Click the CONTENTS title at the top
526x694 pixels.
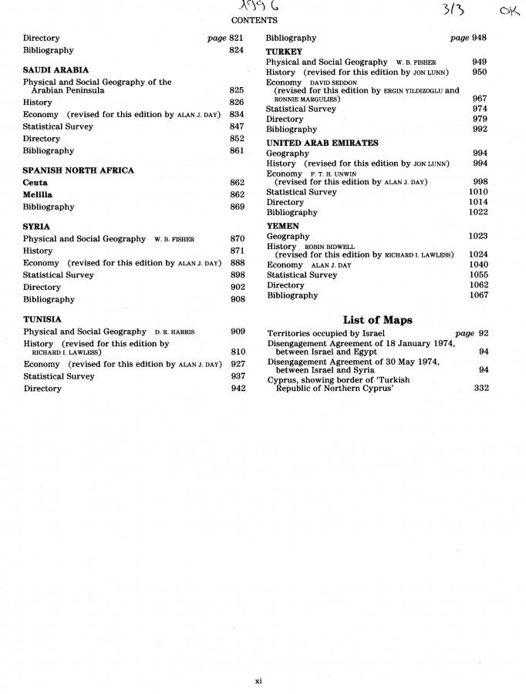[254, 20]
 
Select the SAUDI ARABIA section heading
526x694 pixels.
[56, 70]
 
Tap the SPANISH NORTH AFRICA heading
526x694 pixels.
[78, 170]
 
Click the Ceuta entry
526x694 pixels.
[35, 183]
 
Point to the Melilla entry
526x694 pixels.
[38, 195]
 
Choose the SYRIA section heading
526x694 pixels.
[36, 227]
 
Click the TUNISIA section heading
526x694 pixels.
[42, 319]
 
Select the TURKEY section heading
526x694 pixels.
[284, 52]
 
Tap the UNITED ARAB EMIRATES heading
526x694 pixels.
[322, 143]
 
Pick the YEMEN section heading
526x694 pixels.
[282, 226]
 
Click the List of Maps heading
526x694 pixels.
[377, 320]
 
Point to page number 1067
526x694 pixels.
[478, 295]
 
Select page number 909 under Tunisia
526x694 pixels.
[238, 332]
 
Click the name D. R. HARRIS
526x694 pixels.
[174, 332]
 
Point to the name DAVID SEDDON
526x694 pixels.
[334, 83]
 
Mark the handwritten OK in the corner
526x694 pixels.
[509, 12]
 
